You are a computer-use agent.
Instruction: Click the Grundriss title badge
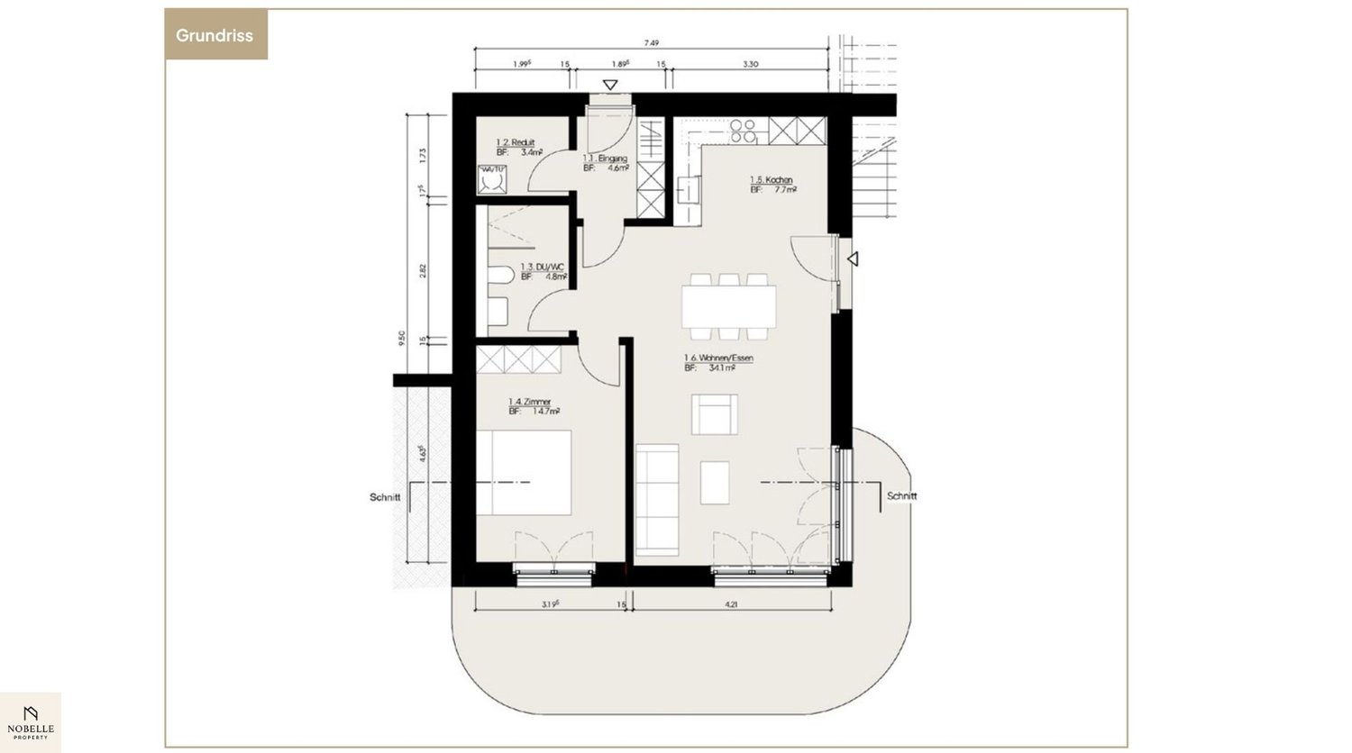(x=215, y=36)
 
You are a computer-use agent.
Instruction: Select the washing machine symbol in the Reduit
(x=492, y=180)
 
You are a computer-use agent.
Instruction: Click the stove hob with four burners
(x=744, y=132)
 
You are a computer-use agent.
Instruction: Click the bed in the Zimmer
(x=524, y=472)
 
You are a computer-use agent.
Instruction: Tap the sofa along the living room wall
(x=656, y=500)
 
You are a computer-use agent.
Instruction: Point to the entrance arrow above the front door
(x=610, y=86)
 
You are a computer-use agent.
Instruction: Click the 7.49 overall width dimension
(x=652, y=42)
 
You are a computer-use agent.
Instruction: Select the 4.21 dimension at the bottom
(x=730, y=605)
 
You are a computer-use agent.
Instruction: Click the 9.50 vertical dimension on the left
(x=402, y=338)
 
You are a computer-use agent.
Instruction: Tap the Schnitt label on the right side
(x=901, y=496)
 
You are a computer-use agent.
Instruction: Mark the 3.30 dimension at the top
(x=750, y=64)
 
